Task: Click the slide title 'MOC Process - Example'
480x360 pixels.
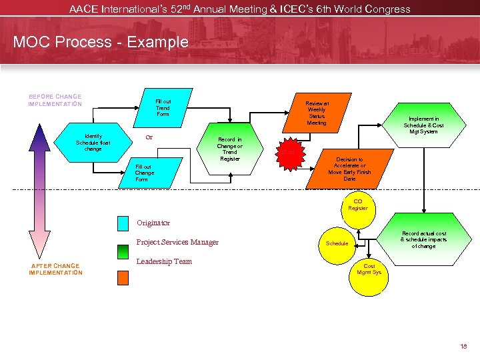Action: tap(101, 42)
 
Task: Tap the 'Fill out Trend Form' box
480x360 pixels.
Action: tap(163, 107)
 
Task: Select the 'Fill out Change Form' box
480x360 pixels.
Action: tap(145, 173)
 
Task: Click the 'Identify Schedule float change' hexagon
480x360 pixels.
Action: tap(93, 142)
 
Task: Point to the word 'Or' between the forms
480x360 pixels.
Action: tap(149, 138)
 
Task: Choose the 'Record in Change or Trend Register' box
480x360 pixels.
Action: tap(230, 149)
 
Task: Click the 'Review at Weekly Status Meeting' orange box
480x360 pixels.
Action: tap(317, 113)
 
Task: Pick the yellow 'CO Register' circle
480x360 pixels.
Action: tap(358, 205)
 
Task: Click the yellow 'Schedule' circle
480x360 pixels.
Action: tap(337, 243)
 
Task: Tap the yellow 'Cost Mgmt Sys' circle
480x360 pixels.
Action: tap(369, 269)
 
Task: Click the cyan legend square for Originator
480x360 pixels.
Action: tap(123, 223)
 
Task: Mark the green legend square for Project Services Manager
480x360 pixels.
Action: tap(123, 251)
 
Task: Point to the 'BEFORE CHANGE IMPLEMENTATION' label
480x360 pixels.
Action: tap(55, 100)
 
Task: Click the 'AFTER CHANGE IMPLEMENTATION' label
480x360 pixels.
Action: tap(56, 269)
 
